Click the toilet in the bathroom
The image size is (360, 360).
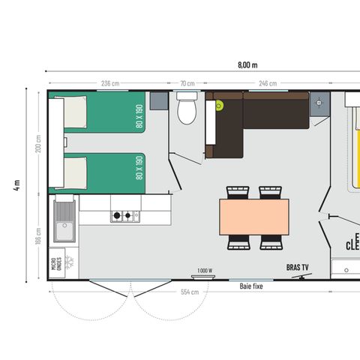186,110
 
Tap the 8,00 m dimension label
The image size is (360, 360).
247,64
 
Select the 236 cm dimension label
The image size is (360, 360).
110,83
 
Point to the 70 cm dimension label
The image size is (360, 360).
187,83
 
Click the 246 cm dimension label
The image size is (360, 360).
268,83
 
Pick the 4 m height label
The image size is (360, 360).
16,185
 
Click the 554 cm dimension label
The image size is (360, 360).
189,292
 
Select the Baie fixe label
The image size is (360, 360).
251,286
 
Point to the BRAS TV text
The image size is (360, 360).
298,267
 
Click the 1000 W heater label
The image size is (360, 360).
204,271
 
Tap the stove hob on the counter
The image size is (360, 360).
125,217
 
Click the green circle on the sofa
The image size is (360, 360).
219,106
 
